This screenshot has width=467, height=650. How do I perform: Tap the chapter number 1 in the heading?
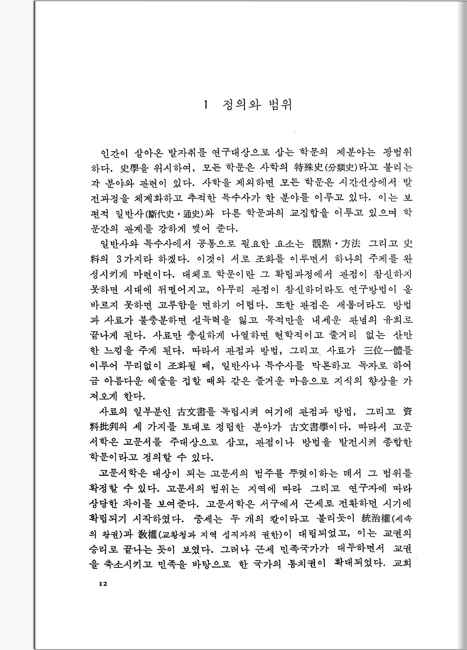(206, 105)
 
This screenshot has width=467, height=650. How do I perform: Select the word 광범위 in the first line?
(398, 153)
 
